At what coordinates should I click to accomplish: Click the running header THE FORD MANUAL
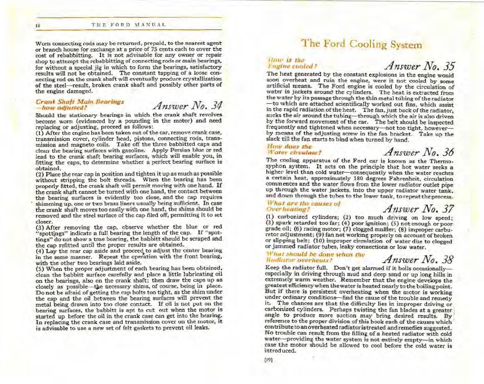click(129, 25)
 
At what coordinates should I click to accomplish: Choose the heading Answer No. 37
click(418, 209)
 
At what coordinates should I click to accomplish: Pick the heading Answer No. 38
click(418, 259)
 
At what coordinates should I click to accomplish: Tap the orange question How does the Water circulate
click(292, 149)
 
